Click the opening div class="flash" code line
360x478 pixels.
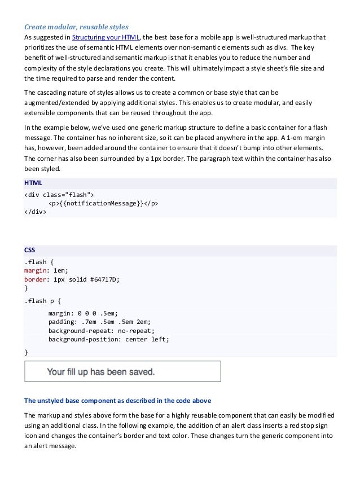pyautogui.click(x=55, y=195)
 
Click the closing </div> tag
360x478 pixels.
pyautogui.click(x=36, y=212)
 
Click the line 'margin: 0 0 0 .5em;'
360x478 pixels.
pyautogui.click(x=82, y=313)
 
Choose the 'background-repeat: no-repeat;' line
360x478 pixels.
pyautogui.click(x=101, y=331)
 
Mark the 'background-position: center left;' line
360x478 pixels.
pyautogui.click(x=108, y=339)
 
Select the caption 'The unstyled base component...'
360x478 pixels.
pyautogui.click(x=117, y=401)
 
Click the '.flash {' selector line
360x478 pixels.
pyautogui.click(x=38, y=262)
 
